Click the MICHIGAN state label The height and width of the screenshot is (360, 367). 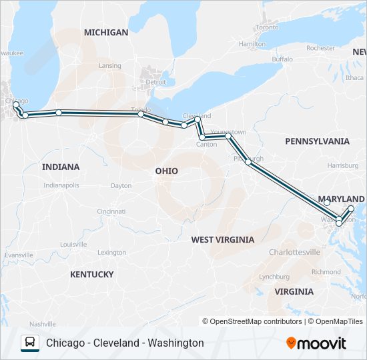106,32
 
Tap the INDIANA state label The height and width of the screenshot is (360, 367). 61,167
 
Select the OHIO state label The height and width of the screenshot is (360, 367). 167,171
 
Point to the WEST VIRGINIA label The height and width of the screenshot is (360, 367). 222,239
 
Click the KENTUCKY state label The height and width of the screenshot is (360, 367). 91,274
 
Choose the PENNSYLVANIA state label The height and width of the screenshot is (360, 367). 317,141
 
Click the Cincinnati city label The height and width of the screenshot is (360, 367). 111,211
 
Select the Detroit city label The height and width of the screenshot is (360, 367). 156,83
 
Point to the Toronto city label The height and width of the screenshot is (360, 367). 267,27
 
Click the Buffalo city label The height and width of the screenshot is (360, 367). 282,59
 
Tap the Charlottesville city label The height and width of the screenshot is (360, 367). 294,253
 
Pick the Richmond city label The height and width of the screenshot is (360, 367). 326,272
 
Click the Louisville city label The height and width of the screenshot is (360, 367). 73,244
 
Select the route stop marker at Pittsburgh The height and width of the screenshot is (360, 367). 248,161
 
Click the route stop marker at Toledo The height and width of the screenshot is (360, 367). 141,114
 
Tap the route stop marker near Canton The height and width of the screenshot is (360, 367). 202,137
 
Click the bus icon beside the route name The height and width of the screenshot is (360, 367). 30,343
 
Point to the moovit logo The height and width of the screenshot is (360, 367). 316,343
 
